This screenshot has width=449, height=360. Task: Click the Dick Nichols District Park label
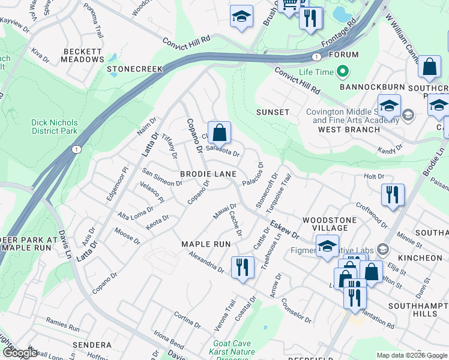(55, 127)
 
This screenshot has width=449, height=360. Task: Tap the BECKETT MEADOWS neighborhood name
(82, 55)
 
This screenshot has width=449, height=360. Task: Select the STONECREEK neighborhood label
(135, 69)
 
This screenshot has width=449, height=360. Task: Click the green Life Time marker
(343, 73)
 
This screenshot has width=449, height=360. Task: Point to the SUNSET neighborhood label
(273, 112)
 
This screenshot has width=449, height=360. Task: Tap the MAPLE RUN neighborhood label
(206, 244)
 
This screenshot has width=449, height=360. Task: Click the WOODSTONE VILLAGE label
(325, 224)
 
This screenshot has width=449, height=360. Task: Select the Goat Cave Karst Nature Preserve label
(234, 352)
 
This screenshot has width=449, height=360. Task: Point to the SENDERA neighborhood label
(92, 345)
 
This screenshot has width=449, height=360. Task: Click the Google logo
(19, 353)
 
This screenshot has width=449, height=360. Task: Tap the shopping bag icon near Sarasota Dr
(220, 132)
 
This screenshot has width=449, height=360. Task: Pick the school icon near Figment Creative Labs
(327, 247)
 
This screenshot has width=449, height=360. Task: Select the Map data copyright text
(412, 355)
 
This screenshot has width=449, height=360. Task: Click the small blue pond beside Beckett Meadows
(112, 58)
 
